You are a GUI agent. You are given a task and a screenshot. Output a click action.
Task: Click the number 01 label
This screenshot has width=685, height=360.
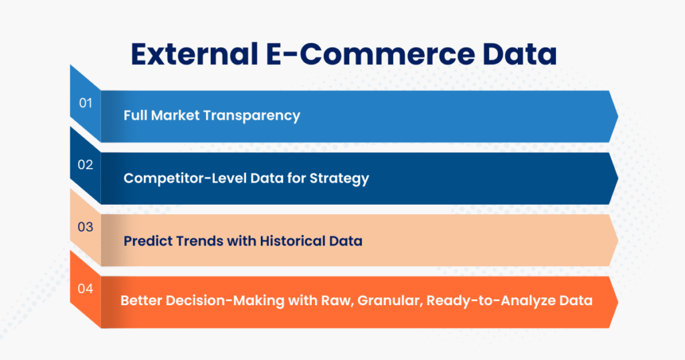point(85,104)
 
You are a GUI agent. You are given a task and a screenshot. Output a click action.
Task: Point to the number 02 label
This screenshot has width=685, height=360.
point(85,165)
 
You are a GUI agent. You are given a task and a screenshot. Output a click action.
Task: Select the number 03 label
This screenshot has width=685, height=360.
point(85,228)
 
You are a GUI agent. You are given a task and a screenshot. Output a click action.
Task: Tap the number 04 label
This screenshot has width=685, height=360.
point(85,289)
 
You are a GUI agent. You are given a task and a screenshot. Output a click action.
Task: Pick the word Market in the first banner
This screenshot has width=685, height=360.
point(176,116)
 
